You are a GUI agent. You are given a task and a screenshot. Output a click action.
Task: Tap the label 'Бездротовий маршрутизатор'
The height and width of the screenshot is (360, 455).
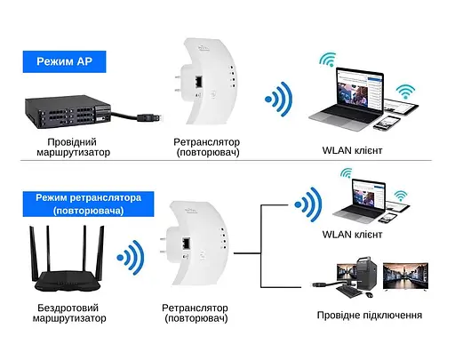pos(74,310)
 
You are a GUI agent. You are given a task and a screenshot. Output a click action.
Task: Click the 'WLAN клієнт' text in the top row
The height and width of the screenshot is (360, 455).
pos(353,150)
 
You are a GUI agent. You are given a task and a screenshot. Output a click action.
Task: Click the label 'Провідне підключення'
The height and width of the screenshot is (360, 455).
pos(369,315)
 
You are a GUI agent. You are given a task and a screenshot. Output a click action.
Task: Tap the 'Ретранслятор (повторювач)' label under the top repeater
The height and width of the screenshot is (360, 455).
pos(207,147)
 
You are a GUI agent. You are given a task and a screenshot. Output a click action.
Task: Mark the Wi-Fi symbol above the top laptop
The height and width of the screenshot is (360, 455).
pos(327,61)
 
